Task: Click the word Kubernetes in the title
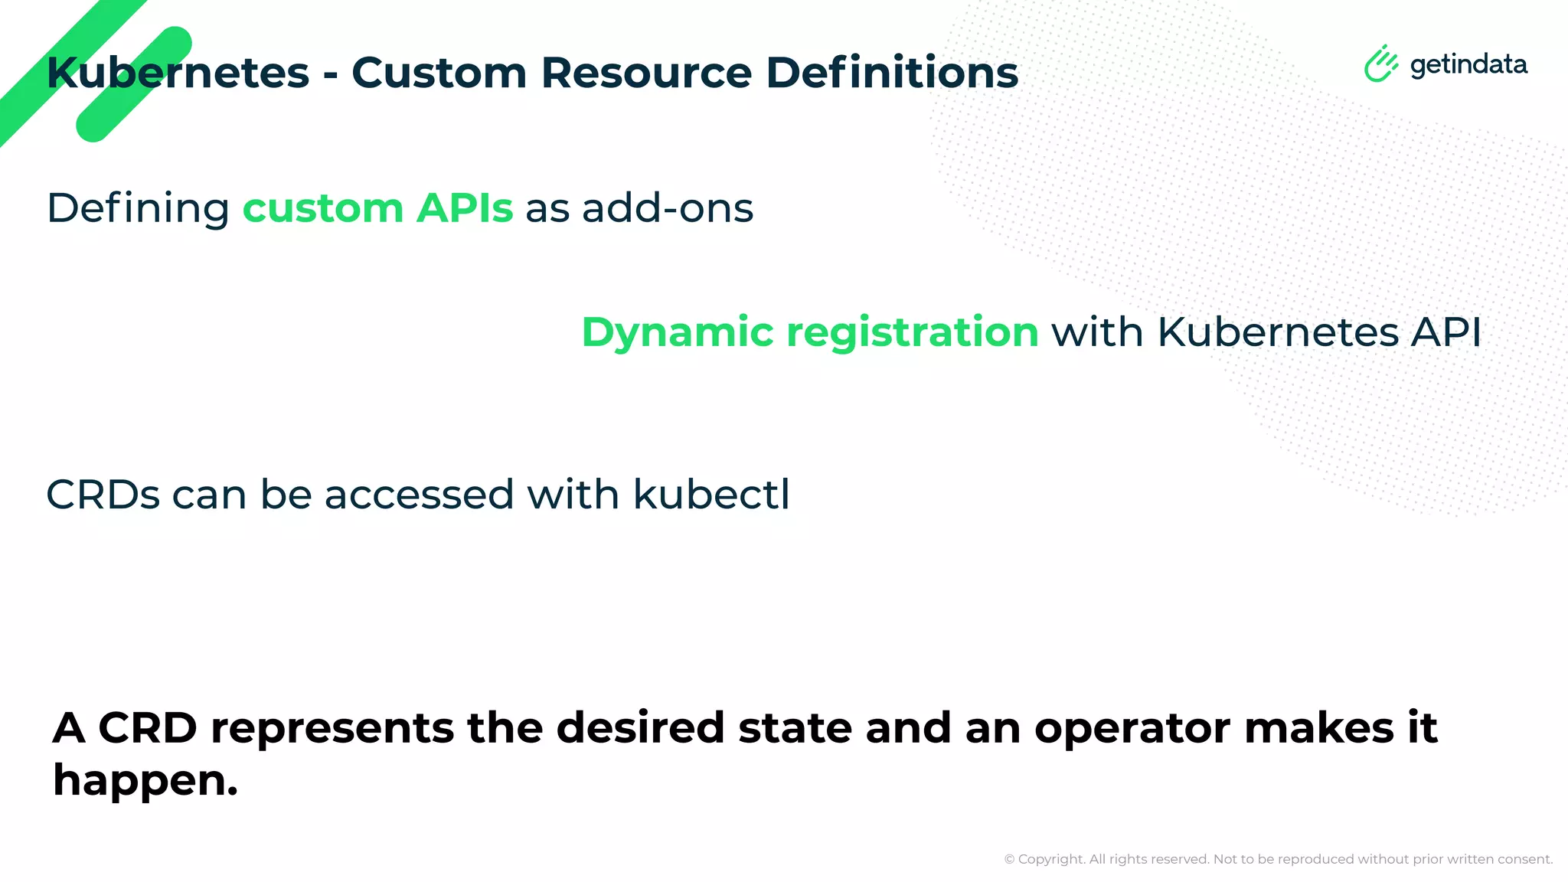(178, 73)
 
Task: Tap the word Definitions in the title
(892, 73)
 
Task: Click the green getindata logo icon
(1380, 64)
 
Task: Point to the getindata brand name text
(1468, 65)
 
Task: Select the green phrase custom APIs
(377, 208)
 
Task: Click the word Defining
(138, 208)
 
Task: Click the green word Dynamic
(678, 333)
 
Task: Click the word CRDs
(103, 495)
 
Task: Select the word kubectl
(711, 495)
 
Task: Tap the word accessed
(419, 495)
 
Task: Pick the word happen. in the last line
(145, 782)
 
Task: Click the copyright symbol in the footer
(1009, 860)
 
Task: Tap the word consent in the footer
(1524, 860)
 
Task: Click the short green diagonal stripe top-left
(134, 84)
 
